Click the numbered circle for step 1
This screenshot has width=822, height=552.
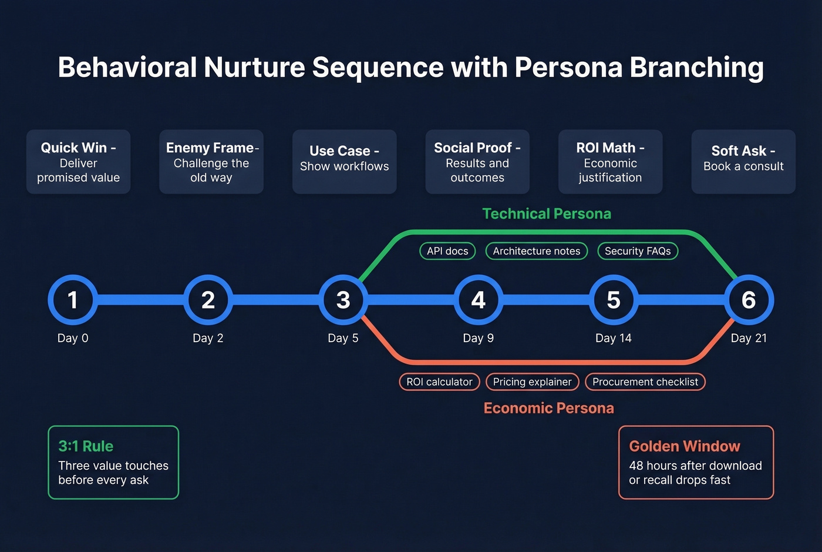[73, 300]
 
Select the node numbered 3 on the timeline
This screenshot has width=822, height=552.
[343, 300]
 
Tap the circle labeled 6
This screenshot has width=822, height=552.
[749, 300]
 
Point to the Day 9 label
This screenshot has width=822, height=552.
[478, 338]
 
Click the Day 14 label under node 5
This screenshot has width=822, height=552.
[613, 338]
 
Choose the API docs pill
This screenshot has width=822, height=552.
[447, 251]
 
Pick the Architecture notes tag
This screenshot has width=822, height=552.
[536, 251]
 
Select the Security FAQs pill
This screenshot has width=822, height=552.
[638, 251]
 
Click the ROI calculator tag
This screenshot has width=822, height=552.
[439, 382]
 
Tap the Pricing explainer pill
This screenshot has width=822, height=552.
[532, 382]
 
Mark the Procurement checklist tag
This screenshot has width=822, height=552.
[645, 382]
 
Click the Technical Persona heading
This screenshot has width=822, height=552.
[547, 214]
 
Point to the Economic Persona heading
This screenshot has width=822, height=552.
[548, 408]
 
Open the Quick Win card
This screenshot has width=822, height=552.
[78, 162]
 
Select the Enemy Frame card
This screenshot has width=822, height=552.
[211, 162]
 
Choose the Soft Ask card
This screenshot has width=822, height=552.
[743, 162]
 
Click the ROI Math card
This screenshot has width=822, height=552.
[610, 162]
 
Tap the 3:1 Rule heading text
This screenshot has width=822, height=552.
[86, 446]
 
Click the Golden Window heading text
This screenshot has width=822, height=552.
[684, 446]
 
